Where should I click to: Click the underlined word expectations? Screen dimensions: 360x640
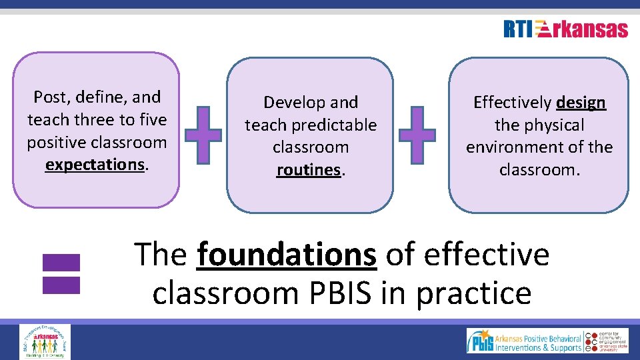(95, 165)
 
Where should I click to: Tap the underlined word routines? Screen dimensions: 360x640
(309, 170)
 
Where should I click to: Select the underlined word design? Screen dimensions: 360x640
(581, 103)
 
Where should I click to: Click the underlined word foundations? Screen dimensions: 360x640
(287, 255)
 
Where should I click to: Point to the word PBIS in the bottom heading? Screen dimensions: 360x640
(335, 293)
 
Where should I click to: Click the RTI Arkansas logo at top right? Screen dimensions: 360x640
(565, 29)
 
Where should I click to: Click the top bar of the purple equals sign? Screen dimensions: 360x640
(61, 262)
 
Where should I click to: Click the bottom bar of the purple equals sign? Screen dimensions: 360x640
(61, 285)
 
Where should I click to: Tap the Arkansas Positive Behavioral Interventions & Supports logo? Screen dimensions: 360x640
(523, 341)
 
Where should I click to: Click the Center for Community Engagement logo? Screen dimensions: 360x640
(606, 341)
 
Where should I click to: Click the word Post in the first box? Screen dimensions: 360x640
(51, 97)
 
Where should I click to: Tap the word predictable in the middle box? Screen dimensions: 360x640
(341, 125)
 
